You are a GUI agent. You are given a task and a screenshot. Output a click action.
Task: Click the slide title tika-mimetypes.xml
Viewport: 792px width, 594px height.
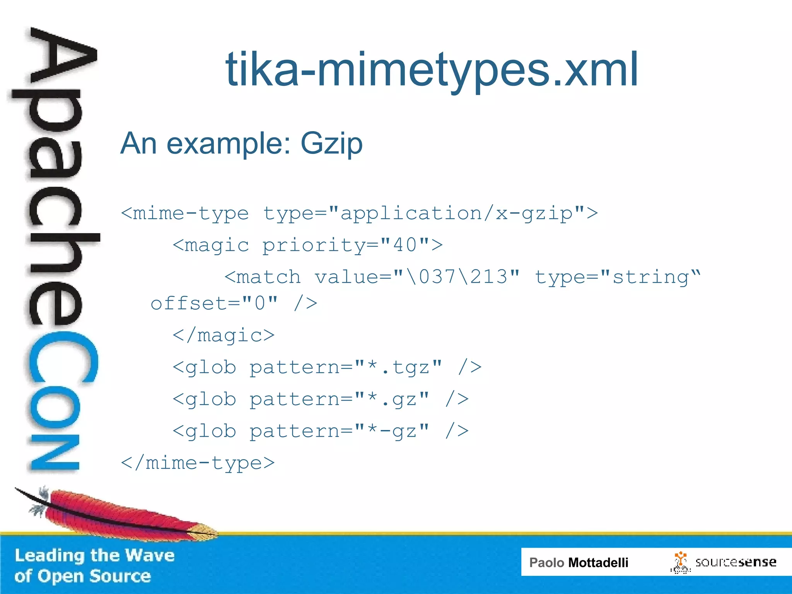[x=432, y=70]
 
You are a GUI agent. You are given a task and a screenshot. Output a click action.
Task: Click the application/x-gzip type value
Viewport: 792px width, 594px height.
[x=456, y=213]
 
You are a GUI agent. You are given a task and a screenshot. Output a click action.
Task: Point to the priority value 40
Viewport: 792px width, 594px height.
[x=405, y=245]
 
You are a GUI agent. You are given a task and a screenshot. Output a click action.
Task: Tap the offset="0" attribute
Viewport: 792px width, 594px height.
[x=214, y=304]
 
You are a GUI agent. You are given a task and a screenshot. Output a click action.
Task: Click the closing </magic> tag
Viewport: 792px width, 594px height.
[x=224, y=335]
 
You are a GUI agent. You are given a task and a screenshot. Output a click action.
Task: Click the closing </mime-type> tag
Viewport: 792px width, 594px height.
[x=198, y=463]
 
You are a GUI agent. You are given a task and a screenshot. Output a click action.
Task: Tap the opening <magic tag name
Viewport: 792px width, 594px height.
[x=211, y=245]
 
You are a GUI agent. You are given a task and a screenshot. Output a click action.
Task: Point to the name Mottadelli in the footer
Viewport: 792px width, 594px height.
[x=598, y=562]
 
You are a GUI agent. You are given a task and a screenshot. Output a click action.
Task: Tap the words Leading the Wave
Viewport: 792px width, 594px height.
[x=95, y=555]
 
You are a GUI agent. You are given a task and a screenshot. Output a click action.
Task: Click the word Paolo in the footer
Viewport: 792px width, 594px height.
[x=546, y=562]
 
